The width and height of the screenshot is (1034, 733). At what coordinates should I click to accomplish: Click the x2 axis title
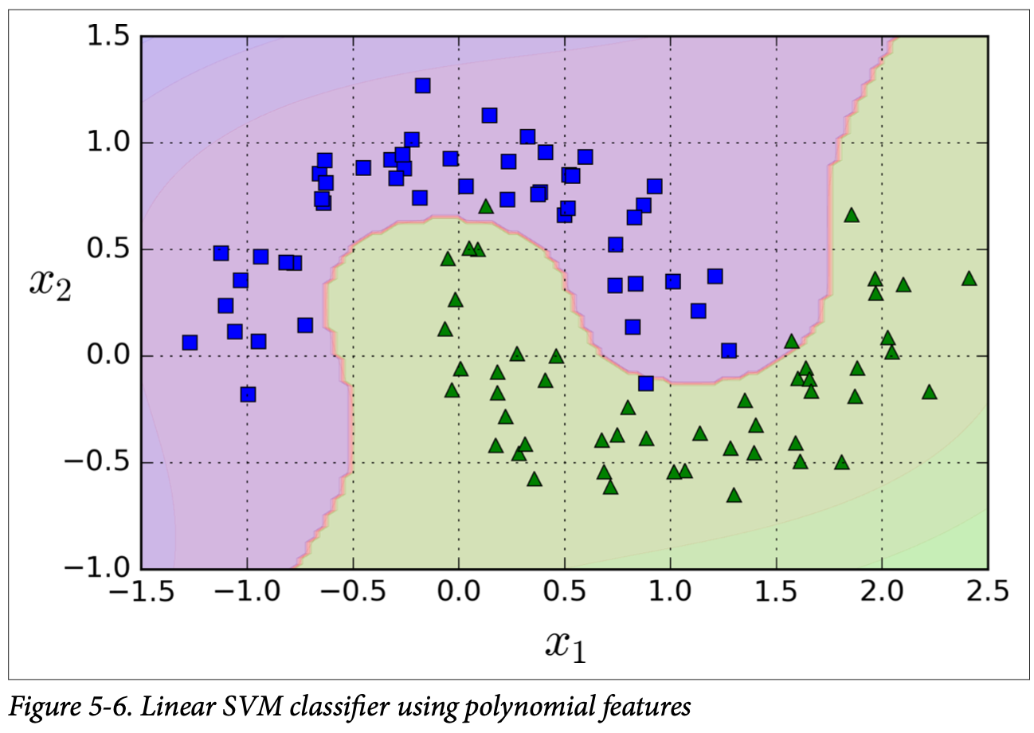[x=51, y=282]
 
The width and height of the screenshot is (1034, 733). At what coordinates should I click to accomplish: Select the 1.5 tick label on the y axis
[x=108, y=37]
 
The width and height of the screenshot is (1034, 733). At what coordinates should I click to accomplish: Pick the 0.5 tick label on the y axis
[x=108, y=250]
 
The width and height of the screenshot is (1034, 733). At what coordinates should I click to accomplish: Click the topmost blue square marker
[x=422, y=85]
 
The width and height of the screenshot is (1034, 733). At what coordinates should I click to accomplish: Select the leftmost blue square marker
[x=190, y=343]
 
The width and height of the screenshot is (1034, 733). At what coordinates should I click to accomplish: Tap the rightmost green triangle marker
[x=969, y=278]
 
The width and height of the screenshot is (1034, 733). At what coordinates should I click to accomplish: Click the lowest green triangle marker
[x=734, y=496]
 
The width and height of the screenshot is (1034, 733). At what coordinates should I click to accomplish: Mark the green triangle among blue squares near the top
[x=486, y=206]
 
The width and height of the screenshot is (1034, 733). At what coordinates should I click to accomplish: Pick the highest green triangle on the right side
[x=851, y=215]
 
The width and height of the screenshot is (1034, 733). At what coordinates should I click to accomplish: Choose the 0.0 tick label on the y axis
[x=108, y=356]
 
